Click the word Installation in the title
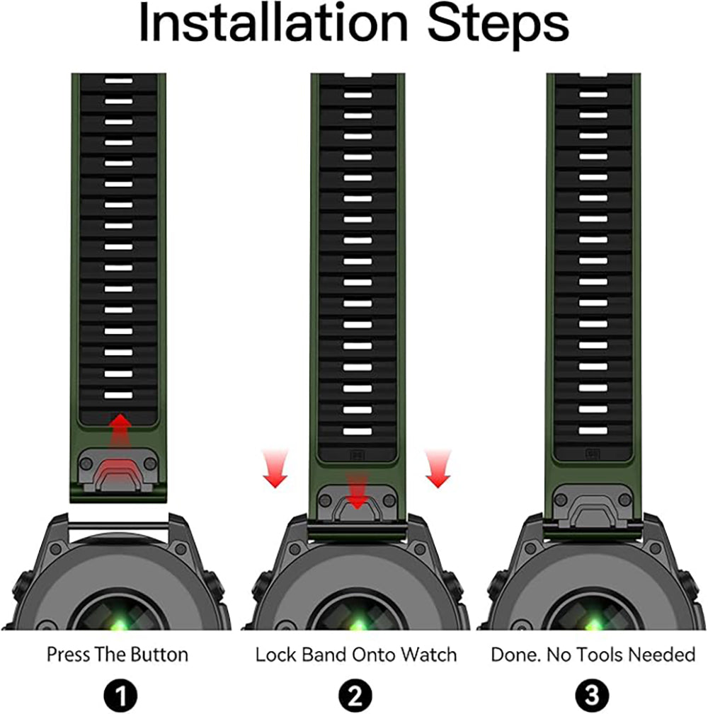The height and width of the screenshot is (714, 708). (273, 23)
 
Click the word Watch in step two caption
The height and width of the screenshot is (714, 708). (429, 655)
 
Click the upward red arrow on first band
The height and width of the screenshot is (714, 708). (120, 432)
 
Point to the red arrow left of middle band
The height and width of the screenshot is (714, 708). (275, 468)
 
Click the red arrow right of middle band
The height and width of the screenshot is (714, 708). (438, 468)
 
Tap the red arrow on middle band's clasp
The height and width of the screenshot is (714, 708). (358, 490)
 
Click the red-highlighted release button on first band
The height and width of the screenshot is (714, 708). (118, 473)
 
